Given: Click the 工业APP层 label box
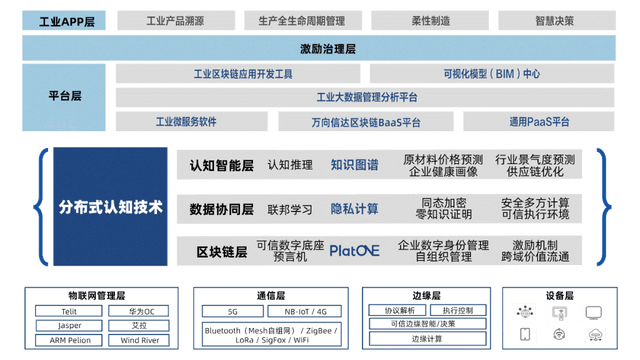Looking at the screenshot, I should [65, 19].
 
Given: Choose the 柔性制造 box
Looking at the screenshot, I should [431, 19].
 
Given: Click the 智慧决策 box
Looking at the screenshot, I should [554, 19].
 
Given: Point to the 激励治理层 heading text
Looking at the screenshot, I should [320, 47].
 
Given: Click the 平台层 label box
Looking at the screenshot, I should [65, 97].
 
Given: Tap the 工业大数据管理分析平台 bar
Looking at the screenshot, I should [367, 97].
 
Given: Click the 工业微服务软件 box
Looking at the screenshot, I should [186, 122].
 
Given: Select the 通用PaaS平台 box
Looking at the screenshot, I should [538, 122].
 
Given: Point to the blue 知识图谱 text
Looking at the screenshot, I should [354, 165].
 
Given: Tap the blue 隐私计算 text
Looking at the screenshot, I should [354, 209].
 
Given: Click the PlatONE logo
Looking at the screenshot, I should [354, 251].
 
